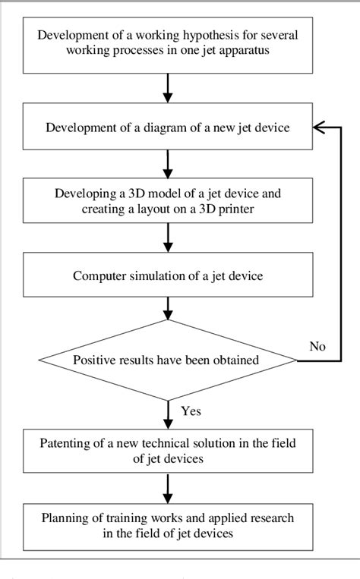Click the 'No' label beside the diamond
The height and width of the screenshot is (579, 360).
[317, 346]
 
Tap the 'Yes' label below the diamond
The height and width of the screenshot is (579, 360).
[191, 411]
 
